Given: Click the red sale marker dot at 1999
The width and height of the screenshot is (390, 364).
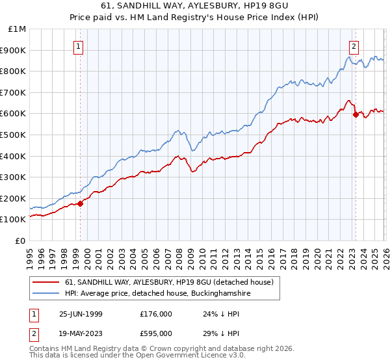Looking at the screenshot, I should point(81,203).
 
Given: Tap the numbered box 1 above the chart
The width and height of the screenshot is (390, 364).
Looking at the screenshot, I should point(78,46).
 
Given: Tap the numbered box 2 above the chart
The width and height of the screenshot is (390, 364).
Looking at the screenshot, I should point(354,46).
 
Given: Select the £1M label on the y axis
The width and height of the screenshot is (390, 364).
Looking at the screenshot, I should point(16,29).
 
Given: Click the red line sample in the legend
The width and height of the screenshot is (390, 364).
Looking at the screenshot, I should point(46,282).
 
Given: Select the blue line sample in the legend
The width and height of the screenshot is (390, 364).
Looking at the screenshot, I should point(46,293).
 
